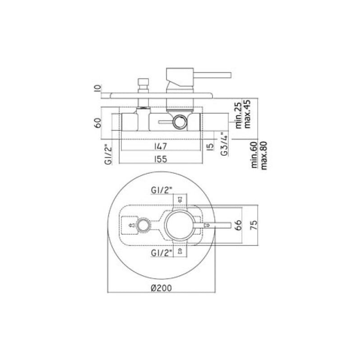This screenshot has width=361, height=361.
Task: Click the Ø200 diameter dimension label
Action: click(x=162, y=287)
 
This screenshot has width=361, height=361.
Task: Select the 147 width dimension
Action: click(x=161, y=146)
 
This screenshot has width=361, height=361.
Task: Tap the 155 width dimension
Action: click(x=161, y=159)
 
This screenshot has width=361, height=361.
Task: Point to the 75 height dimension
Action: click(x=254, y=225)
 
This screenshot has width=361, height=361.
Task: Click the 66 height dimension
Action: click(x=239, y=225)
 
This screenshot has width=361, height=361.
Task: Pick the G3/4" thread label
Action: click(x=224, y=144)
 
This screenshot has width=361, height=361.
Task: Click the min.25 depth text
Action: click(x=239, y=115)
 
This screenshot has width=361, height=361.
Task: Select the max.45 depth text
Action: click(x=247, y=114)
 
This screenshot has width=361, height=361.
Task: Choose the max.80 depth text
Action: click(x=264, y=155)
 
